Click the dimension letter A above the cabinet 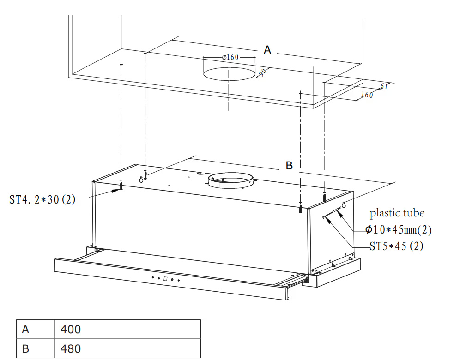267,49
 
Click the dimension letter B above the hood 289,165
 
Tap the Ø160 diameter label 230,57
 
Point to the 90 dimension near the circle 263,72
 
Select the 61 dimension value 384,86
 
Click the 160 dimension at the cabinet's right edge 367,95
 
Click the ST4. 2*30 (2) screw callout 42,199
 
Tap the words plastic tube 397,213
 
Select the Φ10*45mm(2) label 399,229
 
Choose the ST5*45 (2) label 396,246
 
